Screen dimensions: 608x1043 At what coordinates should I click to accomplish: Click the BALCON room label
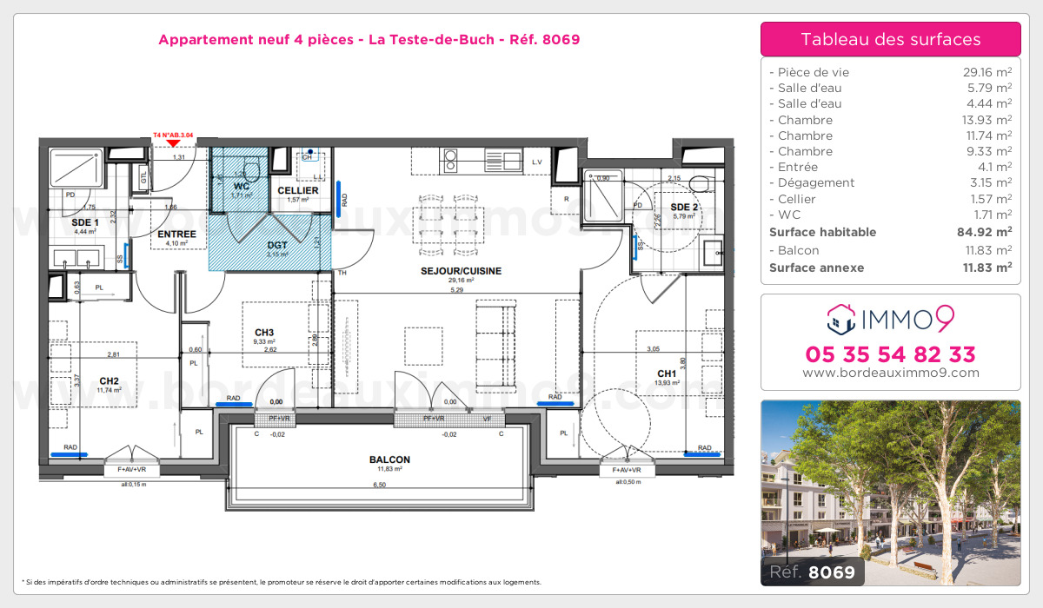[x=389, y=459]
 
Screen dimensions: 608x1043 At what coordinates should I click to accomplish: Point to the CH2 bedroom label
[x=109, y=380]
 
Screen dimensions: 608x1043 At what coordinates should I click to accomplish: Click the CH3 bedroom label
[x=265, y=333]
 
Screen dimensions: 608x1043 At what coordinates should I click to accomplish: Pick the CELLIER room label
[x=298, y=190]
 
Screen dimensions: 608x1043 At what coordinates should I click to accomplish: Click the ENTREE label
[x=176, y=234]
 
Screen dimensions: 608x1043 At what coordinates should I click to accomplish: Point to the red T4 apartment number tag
[x=173, y=136]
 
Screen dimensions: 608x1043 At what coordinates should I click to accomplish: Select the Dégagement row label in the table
[x=816, y=182]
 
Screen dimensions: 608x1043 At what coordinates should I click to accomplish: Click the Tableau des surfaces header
[x=890, y=39]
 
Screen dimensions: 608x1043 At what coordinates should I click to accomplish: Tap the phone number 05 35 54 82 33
[x=890, y=354]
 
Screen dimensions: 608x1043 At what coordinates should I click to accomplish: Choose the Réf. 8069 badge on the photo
[x=812, y=572]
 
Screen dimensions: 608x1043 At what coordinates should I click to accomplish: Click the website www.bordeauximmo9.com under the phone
[x=890, y=373]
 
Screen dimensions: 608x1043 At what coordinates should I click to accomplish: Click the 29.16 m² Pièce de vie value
[x=982, y=72]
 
